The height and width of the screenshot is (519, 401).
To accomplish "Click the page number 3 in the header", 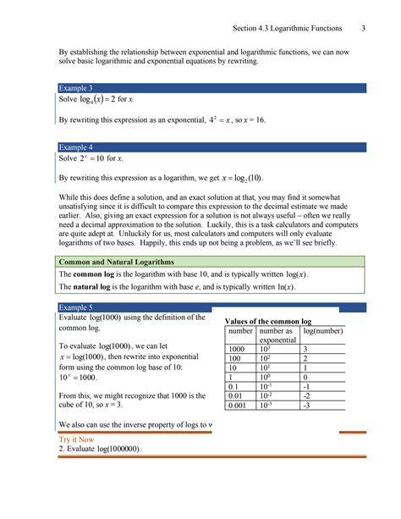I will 362,29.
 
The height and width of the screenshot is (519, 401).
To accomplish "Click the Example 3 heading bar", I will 211,88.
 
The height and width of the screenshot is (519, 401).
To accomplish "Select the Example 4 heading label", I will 75,146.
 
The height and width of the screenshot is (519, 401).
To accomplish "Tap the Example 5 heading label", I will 75,306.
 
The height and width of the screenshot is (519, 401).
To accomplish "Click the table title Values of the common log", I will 267,322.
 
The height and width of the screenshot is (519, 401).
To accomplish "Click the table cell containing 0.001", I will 239,405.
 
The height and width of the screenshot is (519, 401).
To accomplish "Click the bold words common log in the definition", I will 93,276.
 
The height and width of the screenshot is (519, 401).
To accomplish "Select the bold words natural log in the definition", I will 93,288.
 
